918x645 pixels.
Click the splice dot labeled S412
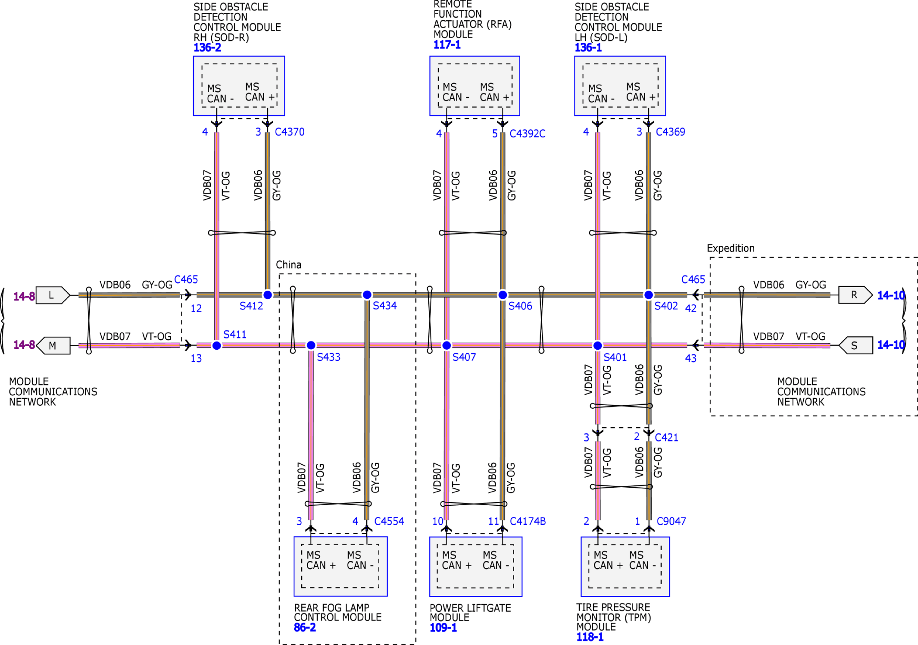point(268,295)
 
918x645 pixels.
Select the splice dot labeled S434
point(367,295)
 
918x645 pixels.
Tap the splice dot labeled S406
point(503,295)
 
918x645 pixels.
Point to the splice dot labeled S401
point(597,345)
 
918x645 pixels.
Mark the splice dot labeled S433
point(311,345)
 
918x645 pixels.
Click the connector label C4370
point(290,132)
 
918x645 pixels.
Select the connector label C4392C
point(527,134)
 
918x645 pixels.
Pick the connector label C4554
point(389,521)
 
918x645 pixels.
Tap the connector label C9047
point(671,521)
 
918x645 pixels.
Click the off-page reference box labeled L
point(52,295)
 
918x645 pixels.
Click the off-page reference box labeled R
point(855,295)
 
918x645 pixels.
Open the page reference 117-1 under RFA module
point(447,45)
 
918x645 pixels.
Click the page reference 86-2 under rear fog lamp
point(305,628)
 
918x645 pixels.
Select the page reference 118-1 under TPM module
point(590,637)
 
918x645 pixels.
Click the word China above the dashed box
point(288,265)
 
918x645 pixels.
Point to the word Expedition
point(731,248)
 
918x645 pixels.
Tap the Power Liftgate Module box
point(475,567)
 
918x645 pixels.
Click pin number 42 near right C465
point(690,308)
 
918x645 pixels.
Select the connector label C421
point(666,438)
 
